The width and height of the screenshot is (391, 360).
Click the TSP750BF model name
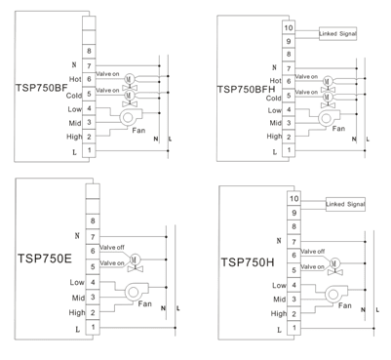[x=42, y=88]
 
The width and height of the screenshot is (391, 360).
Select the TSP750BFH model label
[x=246, y=90]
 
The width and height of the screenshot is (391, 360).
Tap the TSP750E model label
[x=45, y=259]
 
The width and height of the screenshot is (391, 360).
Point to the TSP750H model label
[x=248, y=262]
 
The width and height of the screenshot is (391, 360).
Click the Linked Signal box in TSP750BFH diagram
[x=337, y=34]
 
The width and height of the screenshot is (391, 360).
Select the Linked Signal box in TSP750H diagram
[x=345, y=204]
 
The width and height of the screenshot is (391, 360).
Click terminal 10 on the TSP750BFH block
[x=289, y=28]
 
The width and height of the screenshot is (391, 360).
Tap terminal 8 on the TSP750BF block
[x=89, y=51]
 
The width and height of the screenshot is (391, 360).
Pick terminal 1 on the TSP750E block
[x=93, y=327]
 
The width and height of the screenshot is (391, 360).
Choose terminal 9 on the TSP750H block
[x=293, y=213]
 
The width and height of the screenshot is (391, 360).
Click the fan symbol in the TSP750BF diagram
[x=131, y=117]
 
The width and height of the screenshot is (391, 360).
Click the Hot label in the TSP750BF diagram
[x=75, y=79]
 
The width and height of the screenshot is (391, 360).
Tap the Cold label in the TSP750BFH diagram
[x=274, y=99]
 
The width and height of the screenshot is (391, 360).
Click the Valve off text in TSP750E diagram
[x=112, y=248]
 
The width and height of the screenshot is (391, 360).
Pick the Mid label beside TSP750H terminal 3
[x=279, y=300]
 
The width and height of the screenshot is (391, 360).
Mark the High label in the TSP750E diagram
[x=77, y=313]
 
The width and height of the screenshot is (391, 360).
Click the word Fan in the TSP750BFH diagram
[x=338, y=129]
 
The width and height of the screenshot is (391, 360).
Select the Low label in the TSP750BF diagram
[x=75, y=109]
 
